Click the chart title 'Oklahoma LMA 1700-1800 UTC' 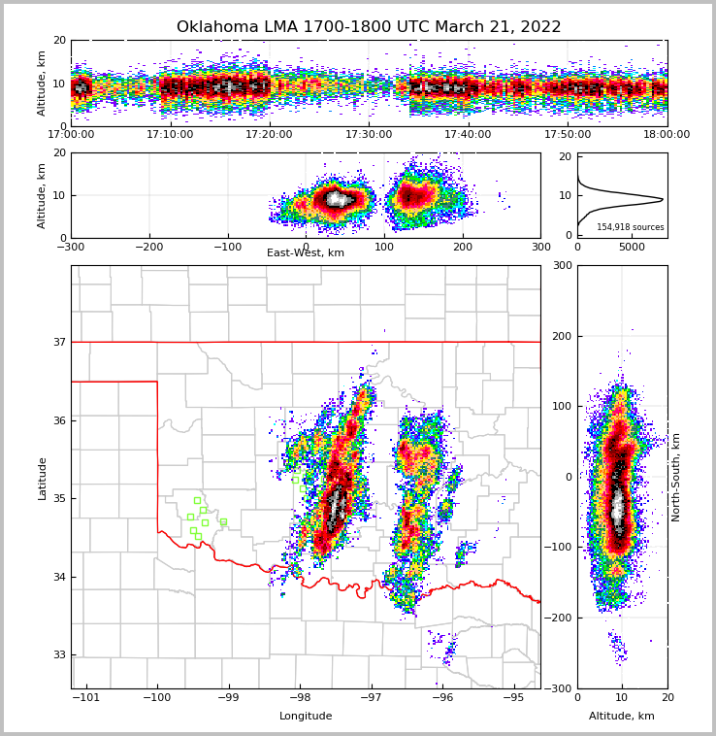(369, 27)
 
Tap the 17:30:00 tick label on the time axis (369, 135)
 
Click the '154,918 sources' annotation (631, 227)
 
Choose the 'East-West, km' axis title (306, 253)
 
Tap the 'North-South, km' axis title (676, 477)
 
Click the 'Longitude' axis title (306, 717)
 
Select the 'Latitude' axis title (43, 478)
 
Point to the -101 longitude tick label (86, 697)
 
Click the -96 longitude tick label (441, 697)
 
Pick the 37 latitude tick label (59, 342)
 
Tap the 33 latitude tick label (59, 654)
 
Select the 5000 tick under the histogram (632, 248)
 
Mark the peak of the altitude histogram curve (663, 199)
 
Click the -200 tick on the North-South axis (559, 618)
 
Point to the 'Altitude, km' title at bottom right (622, 717)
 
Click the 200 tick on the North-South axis (562, 336)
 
